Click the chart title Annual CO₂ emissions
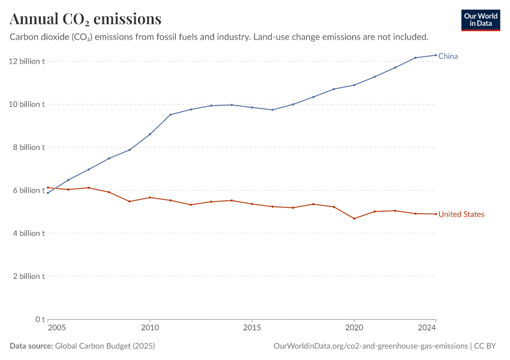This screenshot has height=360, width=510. click(85, 19)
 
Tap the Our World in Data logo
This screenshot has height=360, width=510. click(481, 20)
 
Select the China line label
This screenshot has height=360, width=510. click(448, 56)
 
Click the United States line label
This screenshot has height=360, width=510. click(461, 214)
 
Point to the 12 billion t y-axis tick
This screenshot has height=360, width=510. click(27, 61)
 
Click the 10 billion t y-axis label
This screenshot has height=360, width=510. click(27, 104)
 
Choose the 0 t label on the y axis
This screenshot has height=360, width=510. click(40, 319)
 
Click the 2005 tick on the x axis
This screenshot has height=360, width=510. click(57, 328)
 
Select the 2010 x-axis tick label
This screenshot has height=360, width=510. click(150, 328)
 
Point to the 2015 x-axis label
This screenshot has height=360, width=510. click(252, 328)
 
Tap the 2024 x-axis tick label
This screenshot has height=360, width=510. click(427, 328)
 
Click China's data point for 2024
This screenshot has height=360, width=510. click(436, 55)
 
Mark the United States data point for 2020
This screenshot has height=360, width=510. click(354, 218)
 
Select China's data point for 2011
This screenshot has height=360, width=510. click(170, 115)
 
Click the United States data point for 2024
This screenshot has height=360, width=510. click(436, 214)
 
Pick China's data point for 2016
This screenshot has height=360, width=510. click(272, 110)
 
